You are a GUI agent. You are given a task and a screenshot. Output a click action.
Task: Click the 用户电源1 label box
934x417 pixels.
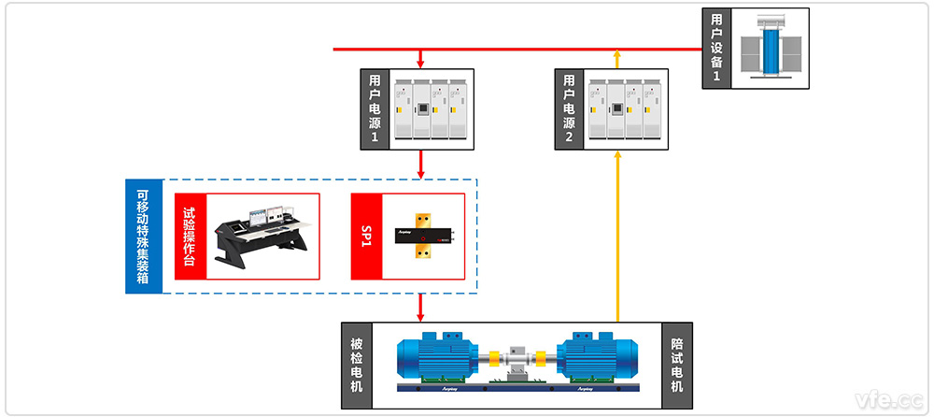tap(375, 109)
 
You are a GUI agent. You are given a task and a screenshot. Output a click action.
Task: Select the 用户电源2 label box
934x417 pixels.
tap(569, 109)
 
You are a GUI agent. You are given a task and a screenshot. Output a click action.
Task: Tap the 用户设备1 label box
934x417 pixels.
tap(716, 48)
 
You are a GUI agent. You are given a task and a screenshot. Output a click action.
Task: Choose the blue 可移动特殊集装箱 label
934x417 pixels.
tap(143, 237)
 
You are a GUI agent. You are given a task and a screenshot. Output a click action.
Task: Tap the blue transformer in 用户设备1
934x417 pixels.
tap(771, 48)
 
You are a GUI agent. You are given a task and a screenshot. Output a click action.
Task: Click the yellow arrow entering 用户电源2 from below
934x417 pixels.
tap(616, 234)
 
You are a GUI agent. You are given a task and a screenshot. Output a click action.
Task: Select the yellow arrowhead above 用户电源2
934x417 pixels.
tap(616, 58)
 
